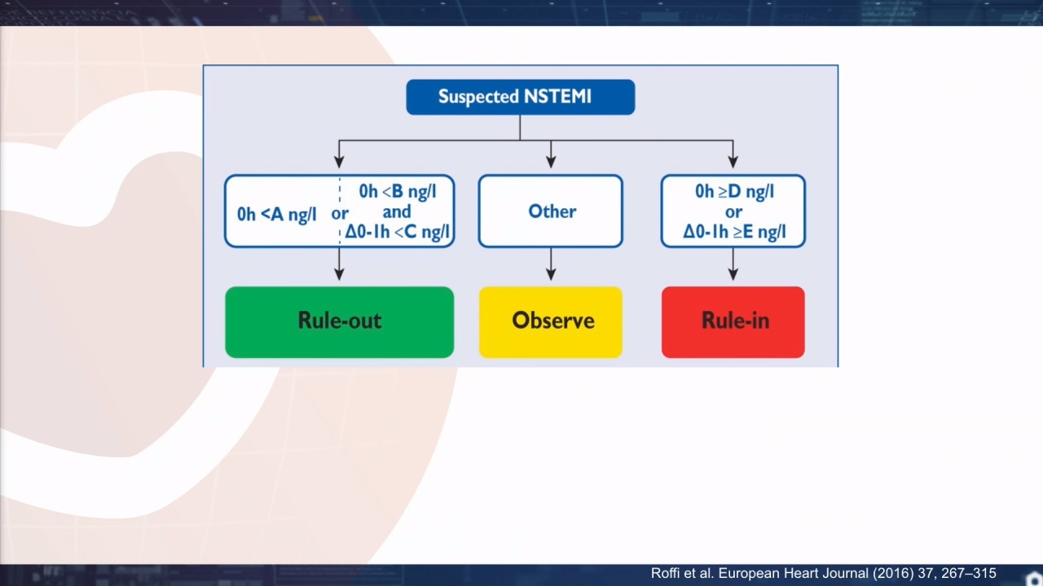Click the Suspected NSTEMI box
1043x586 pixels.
pyautogui.click(x=520, y=97)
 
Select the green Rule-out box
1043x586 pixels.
pyautogui.click(x=340, y=321)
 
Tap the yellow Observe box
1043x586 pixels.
pyautogui.click(x=551, y=321)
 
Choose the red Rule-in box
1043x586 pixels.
pyautogui.click(x=733, y=321)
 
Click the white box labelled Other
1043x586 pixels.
pyautogui.click(x=550, y=211)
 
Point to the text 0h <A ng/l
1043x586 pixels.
pyautogui.click(x=276, y=214)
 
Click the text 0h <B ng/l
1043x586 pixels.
pyautogui.click(x=397, y=191)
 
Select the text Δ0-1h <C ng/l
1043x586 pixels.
pyautogui.click(x=397, y=232)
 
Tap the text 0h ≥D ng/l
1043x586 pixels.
pyautogui.click(x=734, y=191)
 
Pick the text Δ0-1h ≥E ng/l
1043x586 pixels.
pyautogui.click(x=734, y=232)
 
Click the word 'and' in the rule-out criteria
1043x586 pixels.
pyautogui.click(x=397, y=212)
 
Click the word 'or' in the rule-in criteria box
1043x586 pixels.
pyautogui.click(x=734, y=212)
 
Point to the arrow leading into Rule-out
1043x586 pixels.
pyautogui.click(x=340, y=264)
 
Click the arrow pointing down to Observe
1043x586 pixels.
pyautogui.click(x=551, y=264)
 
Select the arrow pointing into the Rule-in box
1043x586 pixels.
pyautogui.click(x=733, y=264)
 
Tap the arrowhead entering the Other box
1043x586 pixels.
pyautogui.click(x=551, y=161)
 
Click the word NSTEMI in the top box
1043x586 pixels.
pyautogui.click(x=557, y=96)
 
